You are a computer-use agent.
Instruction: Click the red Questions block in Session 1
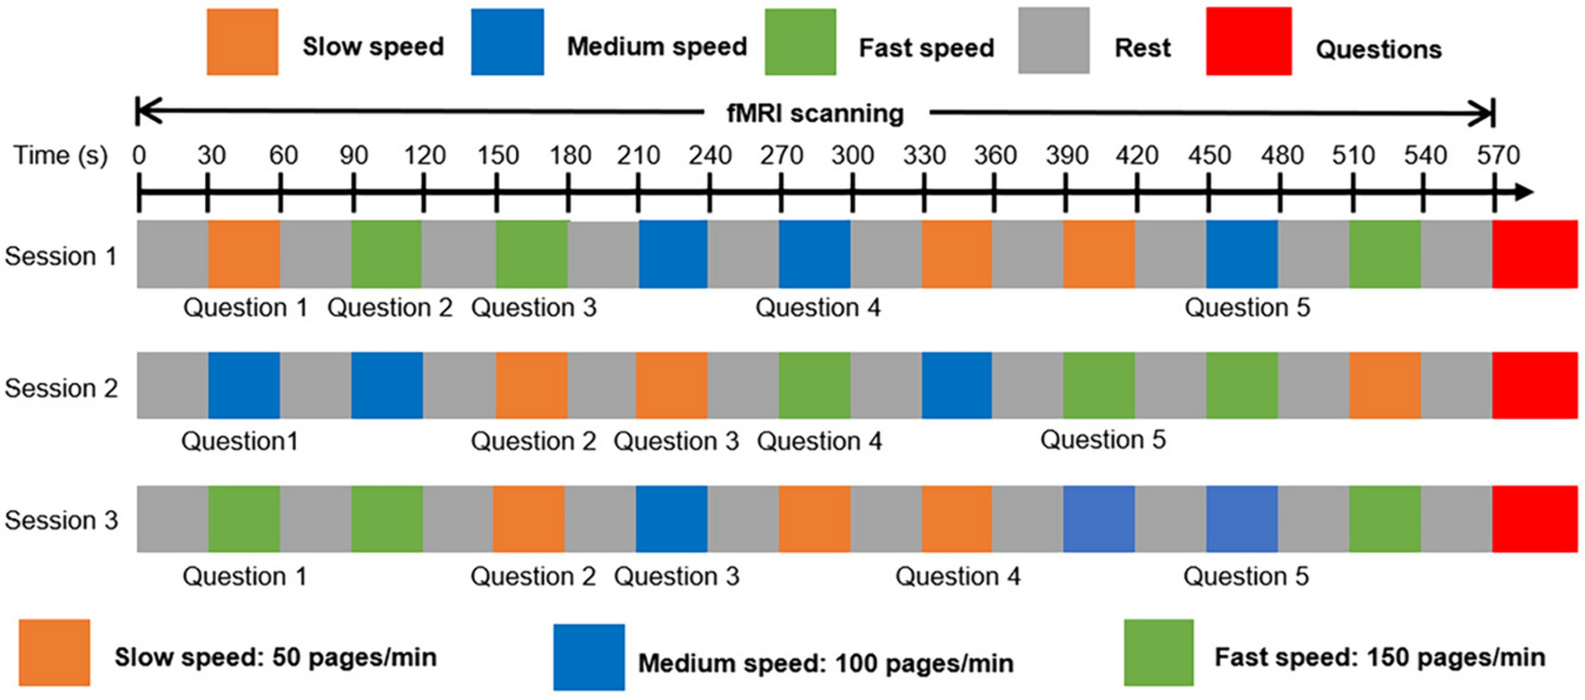[x=1535, y=255]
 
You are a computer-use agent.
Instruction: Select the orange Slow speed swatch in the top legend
[x=242, y=42]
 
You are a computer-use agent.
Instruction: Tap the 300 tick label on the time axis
[x=853, y=156]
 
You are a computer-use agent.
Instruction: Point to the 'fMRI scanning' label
[x=815, y=113]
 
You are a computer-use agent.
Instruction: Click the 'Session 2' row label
[x=61, y=388]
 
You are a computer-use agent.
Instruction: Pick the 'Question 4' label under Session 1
[x=818, y=308]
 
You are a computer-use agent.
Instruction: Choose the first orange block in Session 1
[x=244, y=255]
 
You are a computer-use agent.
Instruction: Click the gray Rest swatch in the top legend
[x=1053, y=42]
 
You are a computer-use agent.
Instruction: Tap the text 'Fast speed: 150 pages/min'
[x=1380, y=658]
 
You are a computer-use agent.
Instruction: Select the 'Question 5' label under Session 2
[x=1103, y=439]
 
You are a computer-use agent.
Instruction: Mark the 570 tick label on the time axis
[x=1498, y=156]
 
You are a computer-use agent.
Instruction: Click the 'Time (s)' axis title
[x=60, y=156]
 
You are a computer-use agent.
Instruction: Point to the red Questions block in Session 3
[x=1535, y=519]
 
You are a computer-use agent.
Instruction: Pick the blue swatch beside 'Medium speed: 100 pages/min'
[x=589, y=658]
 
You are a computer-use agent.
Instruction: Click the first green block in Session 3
[x=244, y=519]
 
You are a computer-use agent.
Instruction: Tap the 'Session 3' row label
[x=61, y=520]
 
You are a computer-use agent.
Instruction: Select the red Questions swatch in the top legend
[x=1248, y=42]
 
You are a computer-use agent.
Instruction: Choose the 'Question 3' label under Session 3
[x=677, y=576]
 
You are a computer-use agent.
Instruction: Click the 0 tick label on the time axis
[x=139, y=156]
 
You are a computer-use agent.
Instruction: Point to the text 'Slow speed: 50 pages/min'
[x=276, y=658]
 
